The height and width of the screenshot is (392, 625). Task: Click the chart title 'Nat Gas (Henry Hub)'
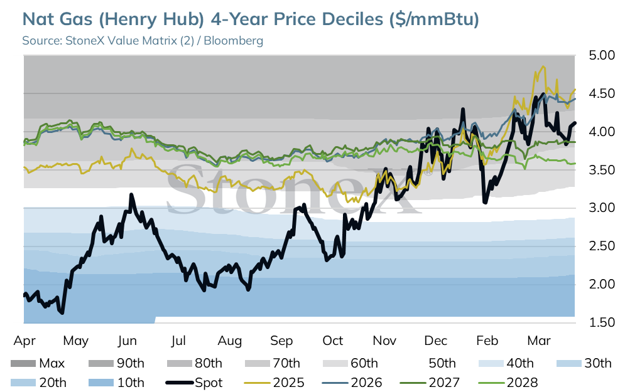pos(113,19)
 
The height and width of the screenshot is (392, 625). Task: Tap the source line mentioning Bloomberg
pos(143,41)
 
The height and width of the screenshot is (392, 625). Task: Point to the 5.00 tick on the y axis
pos(602,55)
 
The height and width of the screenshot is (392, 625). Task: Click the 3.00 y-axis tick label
pos(602,208)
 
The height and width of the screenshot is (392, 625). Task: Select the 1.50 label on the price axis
pos(602,322)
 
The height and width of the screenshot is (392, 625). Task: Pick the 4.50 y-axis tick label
pos(602,93)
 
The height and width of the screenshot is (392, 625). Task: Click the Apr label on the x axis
pos(24,341)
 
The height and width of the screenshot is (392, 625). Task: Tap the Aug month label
pos(230,341)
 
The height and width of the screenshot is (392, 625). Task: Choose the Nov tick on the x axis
pos(384,341)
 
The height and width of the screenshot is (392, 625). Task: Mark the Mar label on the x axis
pos(539,341)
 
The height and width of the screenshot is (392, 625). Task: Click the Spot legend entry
pos(194,383)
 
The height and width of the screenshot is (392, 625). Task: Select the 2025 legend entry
pos(274,383)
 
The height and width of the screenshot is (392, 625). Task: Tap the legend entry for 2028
pos(508,383)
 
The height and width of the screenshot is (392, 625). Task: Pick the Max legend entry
pos(38,363)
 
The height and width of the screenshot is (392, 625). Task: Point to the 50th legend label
pos(442,363)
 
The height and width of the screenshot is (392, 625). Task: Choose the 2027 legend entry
pos(430,383)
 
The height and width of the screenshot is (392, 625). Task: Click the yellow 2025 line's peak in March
pos(543,67)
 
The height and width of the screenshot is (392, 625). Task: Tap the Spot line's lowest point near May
pos(62,313)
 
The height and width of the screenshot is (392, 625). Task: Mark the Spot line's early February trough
pos(485,203)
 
